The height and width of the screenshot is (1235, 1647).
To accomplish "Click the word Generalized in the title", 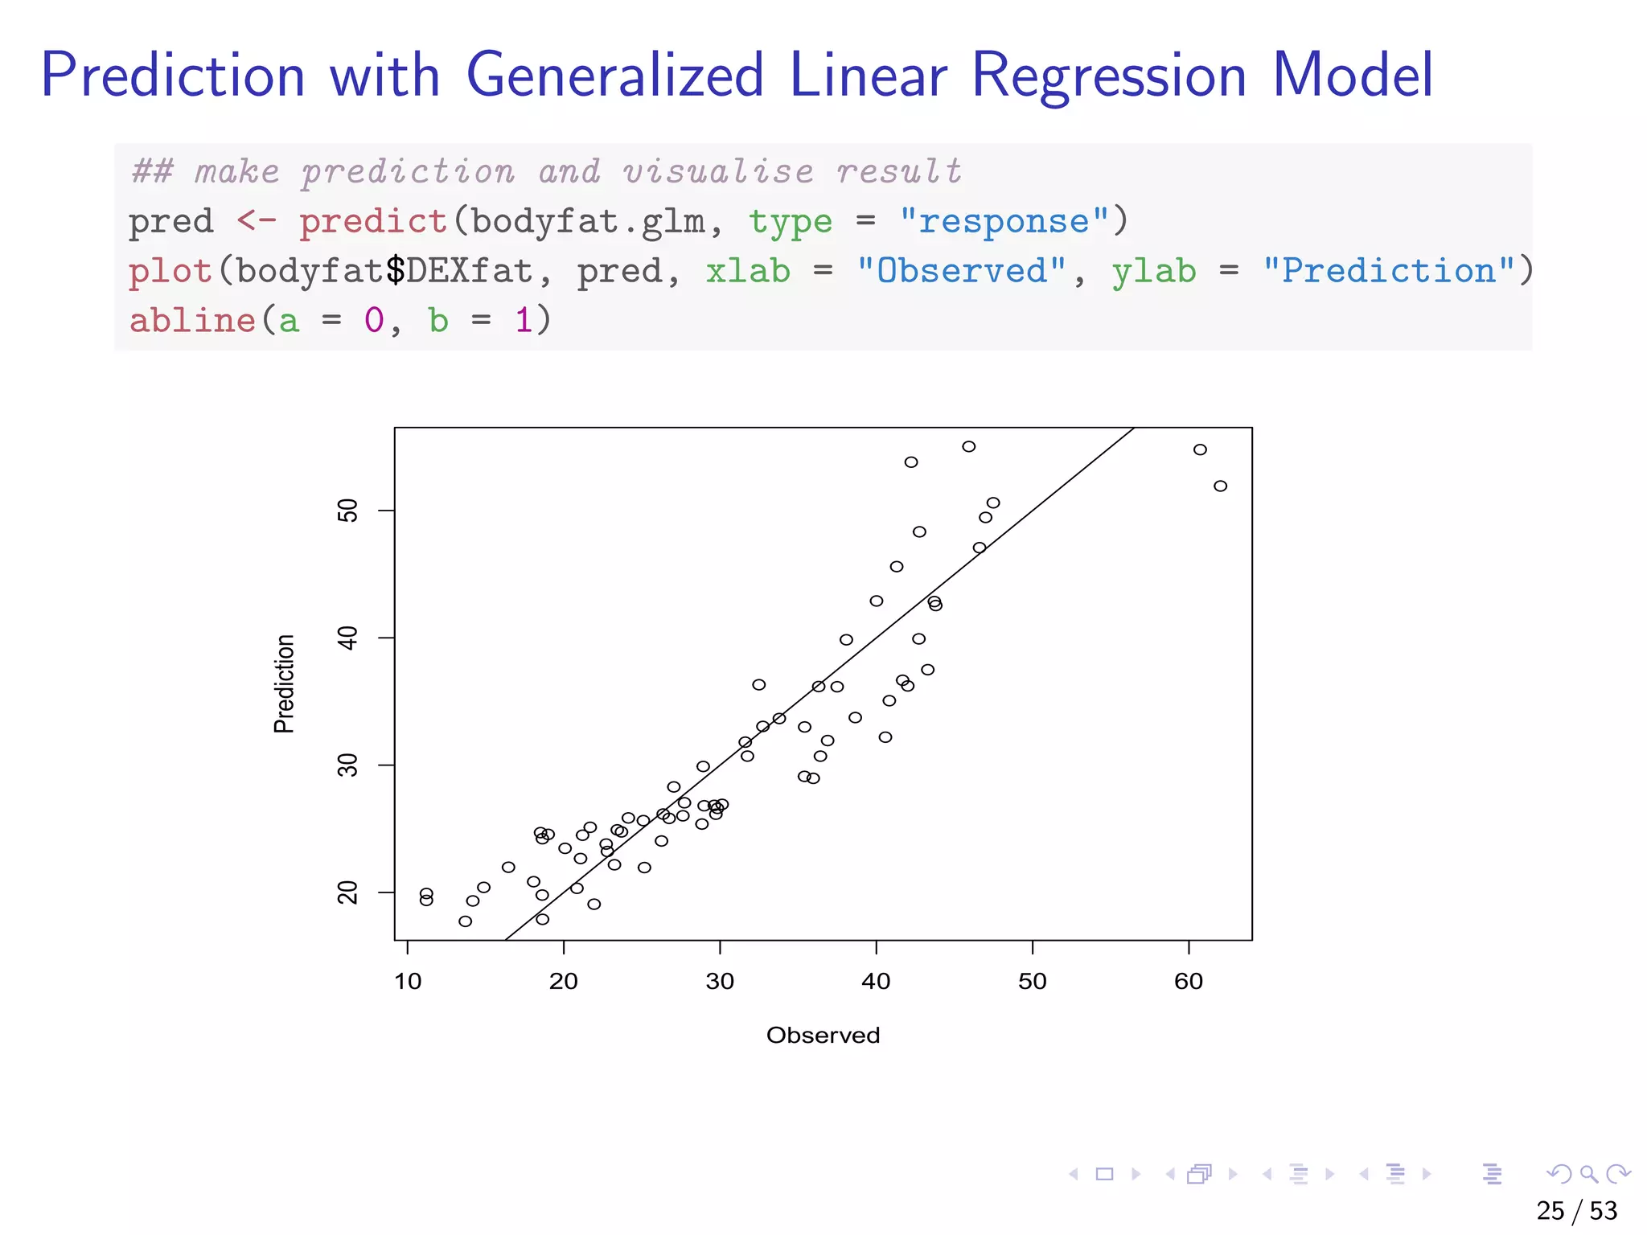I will pyautogui.click(x=614, y=76).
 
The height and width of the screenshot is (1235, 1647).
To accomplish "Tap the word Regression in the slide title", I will pyautogui.click(x=1109, y=76).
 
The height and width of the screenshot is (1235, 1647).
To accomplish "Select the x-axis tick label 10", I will pyautogui.click(x=408, y=982).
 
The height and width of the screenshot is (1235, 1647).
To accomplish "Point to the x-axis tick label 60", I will pyautogui.click(x=1188, y=982).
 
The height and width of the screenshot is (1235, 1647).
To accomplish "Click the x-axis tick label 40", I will pyautogui.click(x=876, y=982).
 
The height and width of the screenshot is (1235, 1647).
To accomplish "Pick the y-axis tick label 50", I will pyautogui.click(x=348, y=511).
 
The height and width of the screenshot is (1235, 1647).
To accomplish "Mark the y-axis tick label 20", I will pyautogui.click(x=348, y=892).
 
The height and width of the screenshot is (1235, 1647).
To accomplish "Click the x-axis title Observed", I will pyautogui.click(x=823, y=1036).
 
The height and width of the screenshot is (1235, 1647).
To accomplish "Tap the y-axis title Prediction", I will pyautogui.click(x=284, y=683).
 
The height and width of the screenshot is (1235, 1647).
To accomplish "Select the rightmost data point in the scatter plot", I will pyautogui.click(x=1220, y=486).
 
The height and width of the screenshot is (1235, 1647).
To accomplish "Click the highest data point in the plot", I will pyautogui.click(x=969, y=446).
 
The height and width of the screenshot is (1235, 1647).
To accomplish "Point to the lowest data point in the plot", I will pyautogui.click(x=465, y=921).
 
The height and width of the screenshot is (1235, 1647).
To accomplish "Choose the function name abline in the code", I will pyautogui.click(x=192, y=321).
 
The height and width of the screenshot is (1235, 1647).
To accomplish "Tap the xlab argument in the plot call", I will pyautogui.click(x=748, y=271).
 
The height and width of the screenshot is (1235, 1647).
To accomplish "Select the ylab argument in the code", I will pyautogui.click(x=1154, y=271).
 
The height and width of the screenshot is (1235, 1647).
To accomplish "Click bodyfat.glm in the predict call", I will pyautogui.click(x=588, y=221).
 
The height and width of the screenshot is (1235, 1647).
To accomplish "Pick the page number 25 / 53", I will pyautogui.click(x=1576, y=1211).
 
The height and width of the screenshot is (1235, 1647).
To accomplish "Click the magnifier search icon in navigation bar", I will pyautogui.click(x=1588, y=1174).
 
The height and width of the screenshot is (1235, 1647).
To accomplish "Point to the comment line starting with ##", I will pyautogui.click(x=547, y=171).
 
